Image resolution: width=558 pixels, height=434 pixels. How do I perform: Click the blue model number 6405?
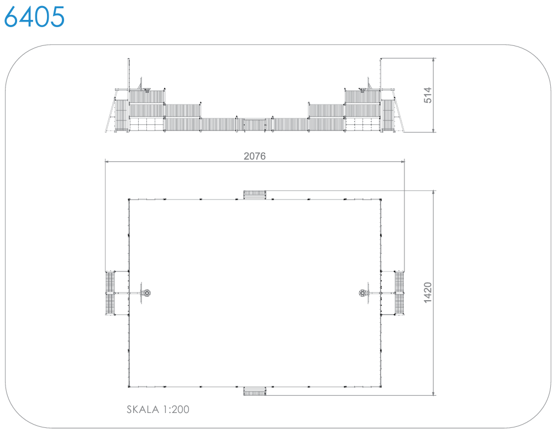(34, 17)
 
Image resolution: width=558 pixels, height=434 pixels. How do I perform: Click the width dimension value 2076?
(255, 156)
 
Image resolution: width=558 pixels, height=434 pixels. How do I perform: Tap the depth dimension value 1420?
(428, 292)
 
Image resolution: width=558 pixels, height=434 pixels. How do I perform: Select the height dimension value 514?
(428, 95)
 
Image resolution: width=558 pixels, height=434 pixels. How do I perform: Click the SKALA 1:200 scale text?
(158, 410)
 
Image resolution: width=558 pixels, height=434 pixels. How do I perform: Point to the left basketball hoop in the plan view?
(146, 293)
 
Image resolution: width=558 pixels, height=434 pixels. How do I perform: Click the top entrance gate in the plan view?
(255, 195)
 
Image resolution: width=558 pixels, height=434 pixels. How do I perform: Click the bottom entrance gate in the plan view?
(255, 391)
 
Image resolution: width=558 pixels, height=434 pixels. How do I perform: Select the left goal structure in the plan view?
(110, 293)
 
